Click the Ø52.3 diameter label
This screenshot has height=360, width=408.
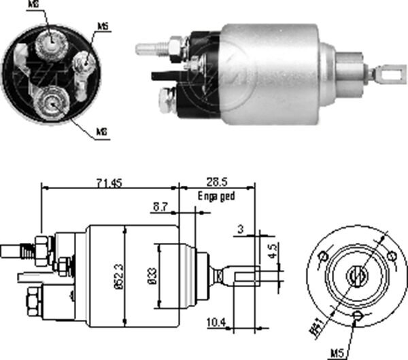click(118, 274)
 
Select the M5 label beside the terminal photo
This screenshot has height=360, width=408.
click(103, 27)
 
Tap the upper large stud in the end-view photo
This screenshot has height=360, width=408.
click(51, 44)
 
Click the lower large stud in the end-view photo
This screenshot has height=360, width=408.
click(52, 102)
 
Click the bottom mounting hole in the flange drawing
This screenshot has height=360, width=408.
click(358, 315)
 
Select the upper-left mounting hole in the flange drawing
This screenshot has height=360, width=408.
click(324, 256)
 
